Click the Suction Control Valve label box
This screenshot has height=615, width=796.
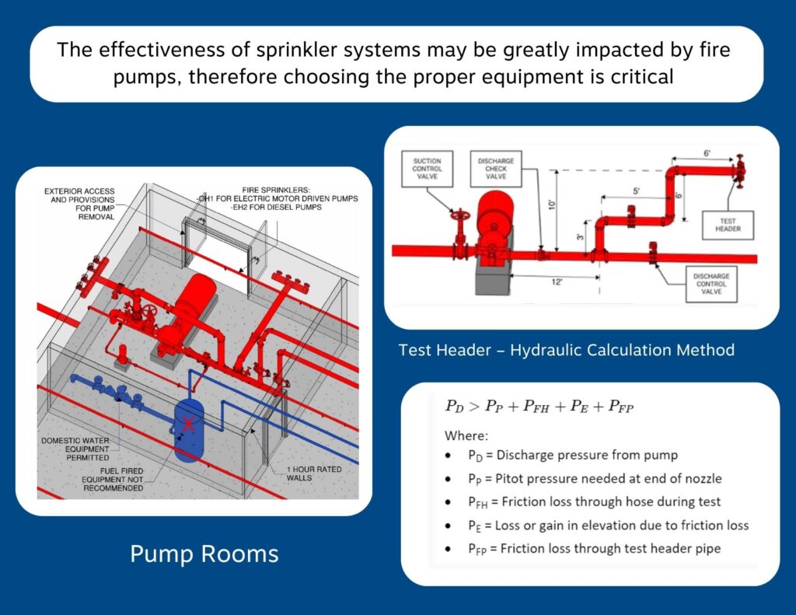pyautogui.click(x=427, y=169)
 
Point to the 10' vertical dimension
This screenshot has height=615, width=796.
pyautogui.click(x=552, y=204)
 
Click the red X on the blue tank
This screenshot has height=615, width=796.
pyautogui.click(x=188, y=425)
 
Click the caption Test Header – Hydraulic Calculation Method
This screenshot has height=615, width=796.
pyautogui.click(x=566, y=350)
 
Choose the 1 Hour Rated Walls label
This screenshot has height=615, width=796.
pyautogui.click(x=312, y=473)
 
